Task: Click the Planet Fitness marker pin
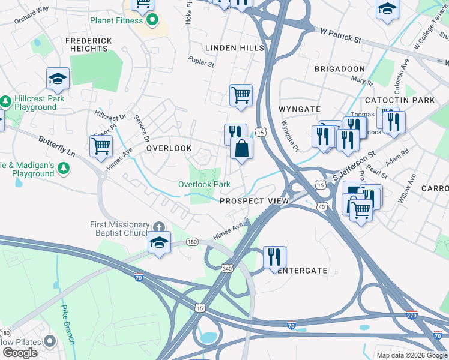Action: point(152,20)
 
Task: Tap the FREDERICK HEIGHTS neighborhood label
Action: point(88,44)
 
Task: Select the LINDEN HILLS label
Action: point(234,47)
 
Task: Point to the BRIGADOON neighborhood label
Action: point(339,69)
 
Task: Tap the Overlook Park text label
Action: point(204,184)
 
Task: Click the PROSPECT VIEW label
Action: point(255,201)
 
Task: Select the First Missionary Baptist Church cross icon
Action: point(158,227)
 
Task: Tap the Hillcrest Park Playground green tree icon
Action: point(5,99)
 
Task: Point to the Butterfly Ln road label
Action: point(56,146)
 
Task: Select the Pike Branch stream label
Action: point(68,325)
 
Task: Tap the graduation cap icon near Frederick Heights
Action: point(58,78)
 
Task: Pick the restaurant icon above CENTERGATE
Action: point(274,257)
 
